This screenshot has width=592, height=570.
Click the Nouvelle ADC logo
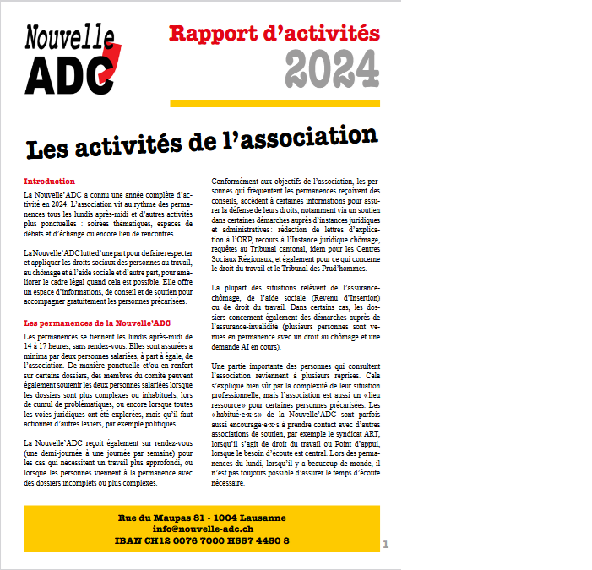[71, 59]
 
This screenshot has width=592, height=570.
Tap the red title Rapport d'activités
[274, 34]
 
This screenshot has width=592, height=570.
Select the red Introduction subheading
[50, 182]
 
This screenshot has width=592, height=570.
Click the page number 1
[386, 544]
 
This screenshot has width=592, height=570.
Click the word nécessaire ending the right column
[232, 484]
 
